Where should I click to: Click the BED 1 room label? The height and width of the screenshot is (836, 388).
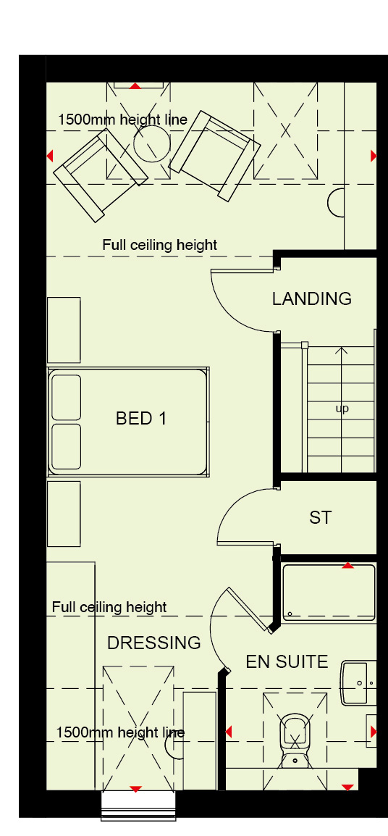click(x=140, y=419)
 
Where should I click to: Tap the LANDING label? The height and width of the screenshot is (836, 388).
click(x=312, y=298)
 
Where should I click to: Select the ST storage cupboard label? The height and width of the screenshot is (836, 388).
click(x=320, y=517)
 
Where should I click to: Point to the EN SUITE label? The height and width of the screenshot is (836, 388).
click(x=287, y=661)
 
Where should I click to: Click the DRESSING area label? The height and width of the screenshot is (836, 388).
click(x=154, y=643)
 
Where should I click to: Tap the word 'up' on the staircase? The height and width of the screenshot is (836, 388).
click(x=342, y=409)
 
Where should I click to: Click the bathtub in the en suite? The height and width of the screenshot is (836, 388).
click(x=329, y=593)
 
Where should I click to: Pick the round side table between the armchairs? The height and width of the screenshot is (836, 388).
click(x=151, y=143)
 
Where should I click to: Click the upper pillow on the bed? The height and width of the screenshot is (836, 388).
click(x=67, y=397)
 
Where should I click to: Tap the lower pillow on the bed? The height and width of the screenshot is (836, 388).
click(x=67, y=447)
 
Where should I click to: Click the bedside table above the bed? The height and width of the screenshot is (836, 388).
click(x=64, y=330)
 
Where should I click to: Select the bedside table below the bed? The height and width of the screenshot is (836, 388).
click(x=64, y=514)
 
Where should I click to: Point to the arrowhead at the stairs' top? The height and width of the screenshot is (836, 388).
click(x=342, y=351)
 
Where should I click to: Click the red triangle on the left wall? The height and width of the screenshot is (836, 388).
click(x=50, y=156)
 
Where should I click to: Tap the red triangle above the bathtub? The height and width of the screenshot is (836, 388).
click(x=347, y=565)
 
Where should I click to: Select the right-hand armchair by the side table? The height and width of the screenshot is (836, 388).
click(x=215, y=156)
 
